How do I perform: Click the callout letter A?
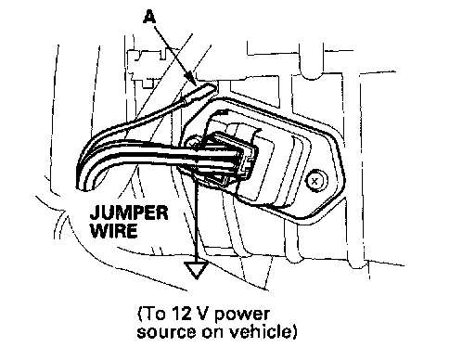coord(149,16)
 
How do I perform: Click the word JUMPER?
coord(129,212)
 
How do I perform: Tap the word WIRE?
coord(114,230)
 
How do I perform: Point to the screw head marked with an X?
coord(315,181)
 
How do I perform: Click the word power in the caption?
coord(242,315)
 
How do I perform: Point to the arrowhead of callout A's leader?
coord(191,79)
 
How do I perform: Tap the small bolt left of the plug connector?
coord(191,143)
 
